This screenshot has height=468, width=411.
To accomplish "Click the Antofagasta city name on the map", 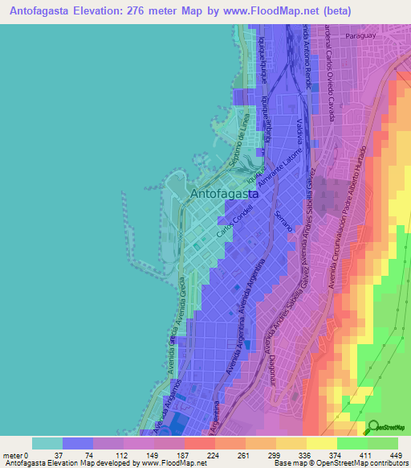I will pyautogui.click(x=224, y=194).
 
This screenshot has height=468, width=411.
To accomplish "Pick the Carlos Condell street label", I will pyautogui.click(x=235, y=221).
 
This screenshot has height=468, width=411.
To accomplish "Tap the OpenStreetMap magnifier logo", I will pyautogui.click(x=375, y=428).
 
